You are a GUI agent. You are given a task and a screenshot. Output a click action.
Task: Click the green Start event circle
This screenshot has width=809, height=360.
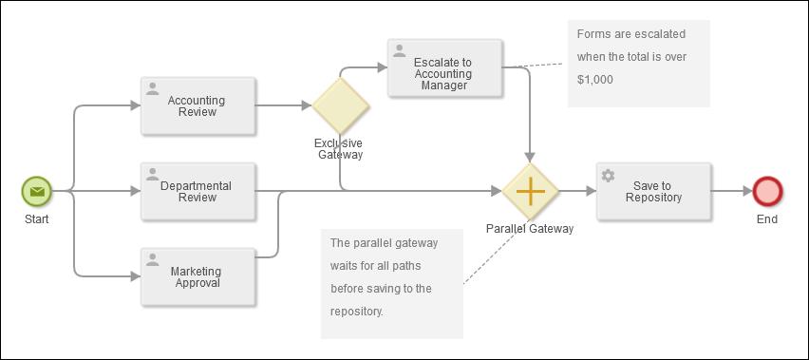tap(36, 191)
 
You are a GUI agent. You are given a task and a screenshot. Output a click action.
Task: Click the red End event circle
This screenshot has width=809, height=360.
tap(766, 191)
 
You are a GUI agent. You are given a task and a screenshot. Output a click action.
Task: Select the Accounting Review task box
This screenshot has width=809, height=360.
tap(198, 105)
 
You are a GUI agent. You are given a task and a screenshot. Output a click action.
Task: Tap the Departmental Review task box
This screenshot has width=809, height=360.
tap(198, 191)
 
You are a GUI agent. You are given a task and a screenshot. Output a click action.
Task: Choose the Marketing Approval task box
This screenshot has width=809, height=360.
tap(198, 276)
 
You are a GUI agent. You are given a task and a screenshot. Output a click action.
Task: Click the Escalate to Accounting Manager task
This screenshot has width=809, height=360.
tap(444, 67)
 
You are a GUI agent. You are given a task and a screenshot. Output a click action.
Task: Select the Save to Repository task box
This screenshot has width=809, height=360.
tap(653, 191)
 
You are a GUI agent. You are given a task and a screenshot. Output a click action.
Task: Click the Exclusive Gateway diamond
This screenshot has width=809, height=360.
tap(340, 105)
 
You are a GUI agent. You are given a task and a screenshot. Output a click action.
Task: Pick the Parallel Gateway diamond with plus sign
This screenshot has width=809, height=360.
tap(530, 191)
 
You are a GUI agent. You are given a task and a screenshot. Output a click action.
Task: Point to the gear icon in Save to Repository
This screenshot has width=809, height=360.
tap(609, 176)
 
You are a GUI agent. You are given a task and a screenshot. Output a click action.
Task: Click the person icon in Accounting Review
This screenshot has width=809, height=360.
tap(153, 89)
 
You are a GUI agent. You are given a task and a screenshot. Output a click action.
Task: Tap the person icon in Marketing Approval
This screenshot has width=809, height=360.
tap(153, 260)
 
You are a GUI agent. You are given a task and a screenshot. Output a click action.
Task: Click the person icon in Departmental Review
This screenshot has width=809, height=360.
tap(153, 175)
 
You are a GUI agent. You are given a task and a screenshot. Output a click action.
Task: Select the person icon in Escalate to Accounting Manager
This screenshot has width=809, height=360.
tap(400, 51)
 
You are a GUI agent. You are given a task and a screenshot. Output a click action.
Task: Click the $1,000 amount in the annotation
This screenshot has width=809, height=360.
tap(594, 80)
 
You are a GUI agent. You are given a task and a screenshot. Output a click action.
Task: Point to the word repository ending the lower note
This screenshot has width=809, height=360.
tap(357, 310)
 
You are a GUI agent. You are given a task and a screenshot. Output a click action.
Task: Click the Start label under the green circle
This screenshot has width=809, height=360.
tap(36, 218)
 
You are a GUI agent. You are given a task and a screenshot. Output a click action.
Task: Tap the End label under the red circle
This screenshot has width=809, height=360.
tap(766, 218)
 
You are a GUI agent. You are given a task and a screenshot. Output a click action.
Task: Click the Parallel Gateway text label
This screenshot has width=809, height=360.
tap(530, 229)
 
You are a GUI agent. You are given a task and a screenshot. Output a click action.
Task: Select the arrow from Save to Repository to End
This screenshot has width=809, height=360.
tap(731, 191)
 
